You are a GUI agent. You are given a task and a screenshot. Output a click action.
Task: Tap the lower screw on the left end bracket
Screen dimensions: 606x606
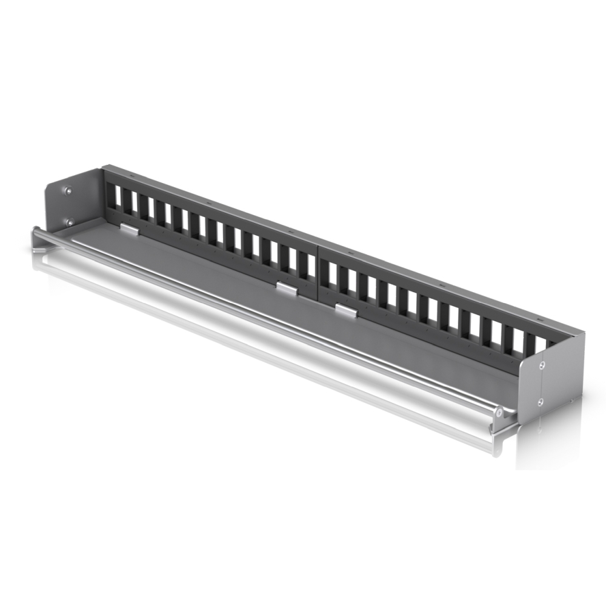pyautogui.click(x=70, y=222)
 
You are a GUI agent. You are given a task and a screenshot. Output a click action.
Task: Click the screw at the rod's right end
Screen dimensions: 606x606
pyautogui.click(x=498, y=412)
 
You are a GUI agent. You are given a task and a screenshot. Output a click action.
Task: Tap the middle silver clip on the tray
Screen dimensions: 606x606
pyautogui.click(x=287, y=288)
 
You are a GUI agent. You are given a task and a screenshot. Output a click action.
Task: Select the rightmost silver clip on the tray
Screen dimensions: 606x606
pyautogui.click(x=345, y=311)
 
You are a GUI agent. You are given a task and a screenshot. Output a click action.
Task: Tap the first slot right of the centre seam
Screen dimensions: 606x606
pyautogui.click(x=331, y=276)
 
